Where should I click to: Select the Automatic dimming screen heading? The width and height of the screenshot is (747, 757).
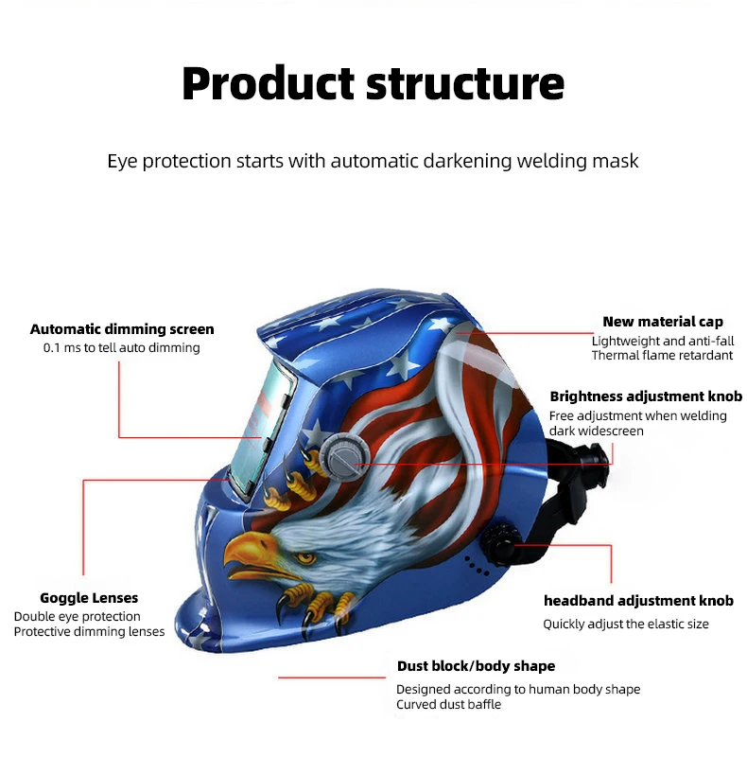point(122,329)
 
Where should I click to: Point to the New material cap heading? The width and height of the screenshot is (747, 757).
point(663,322)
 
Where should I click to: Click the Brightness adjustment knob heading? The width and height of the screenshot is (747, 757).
point(646,396)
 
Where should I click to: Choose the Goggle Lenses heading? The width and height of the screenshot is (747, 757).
point(89,598)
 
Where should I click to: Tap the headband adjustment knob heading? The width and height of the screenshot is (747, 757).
point(638,601)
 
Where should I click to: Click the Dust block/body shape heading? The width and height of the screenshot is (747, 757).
point(476,666)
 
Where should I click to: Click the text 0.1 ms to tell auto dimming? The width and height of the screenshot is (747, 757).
point(122,348)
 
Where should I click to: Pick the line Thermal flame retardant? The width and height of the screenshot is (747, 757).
point(662,356)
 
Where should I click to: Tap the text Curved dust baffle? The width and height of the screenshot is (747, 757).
point(448,705)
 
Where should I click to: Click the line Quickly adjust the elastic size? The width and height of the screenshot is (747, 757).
point(625,625)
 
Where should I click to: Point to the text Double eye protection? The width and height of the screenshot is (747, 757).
point(77,617)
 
